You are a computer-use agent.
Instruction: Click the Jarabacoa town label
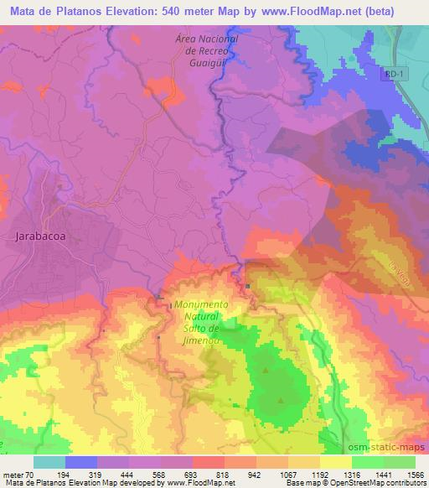41,236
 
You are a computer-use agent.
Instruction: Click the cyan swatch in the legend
49,462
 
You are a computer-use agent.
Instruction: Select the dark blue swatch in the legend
80,462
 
